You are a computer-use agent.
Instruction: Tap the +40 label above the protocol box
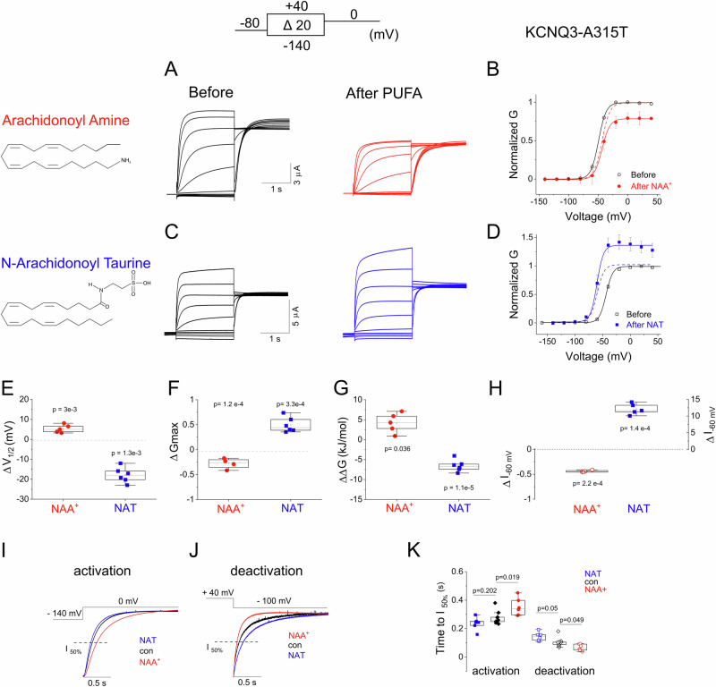[295, 6]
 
